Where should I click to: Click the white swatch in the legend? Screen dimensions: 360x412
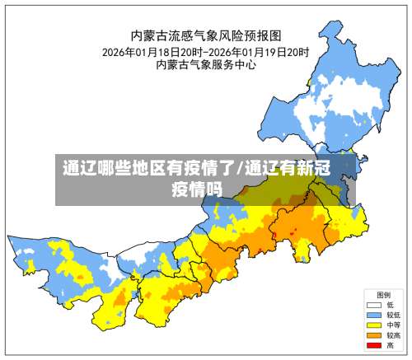coord(373,305)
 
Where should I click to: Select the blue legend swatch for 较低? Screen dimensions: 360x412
coord(373,315)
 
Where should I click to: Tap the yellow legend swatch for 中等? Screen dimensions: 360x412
coord(373,325)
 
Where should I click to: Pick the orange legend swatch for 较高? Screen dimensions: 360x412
coord(373,334)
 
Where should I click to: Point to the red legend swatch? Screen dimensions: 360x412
coord(373,344)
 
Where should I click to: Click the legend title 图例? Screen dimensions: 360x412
coord(383,295)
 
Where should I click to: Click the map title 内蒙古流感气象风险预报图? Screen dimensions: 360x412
coord(206,35)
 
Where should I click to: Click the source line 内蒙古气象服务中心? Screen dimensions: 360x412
coord(206,65)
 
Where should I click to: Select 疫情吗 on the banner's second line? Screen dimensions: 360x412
coord(197,189)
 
